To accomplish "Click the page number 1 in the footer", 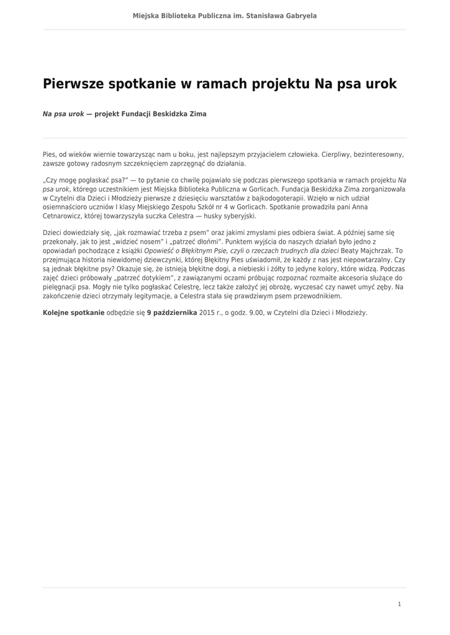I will (400, 604).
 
